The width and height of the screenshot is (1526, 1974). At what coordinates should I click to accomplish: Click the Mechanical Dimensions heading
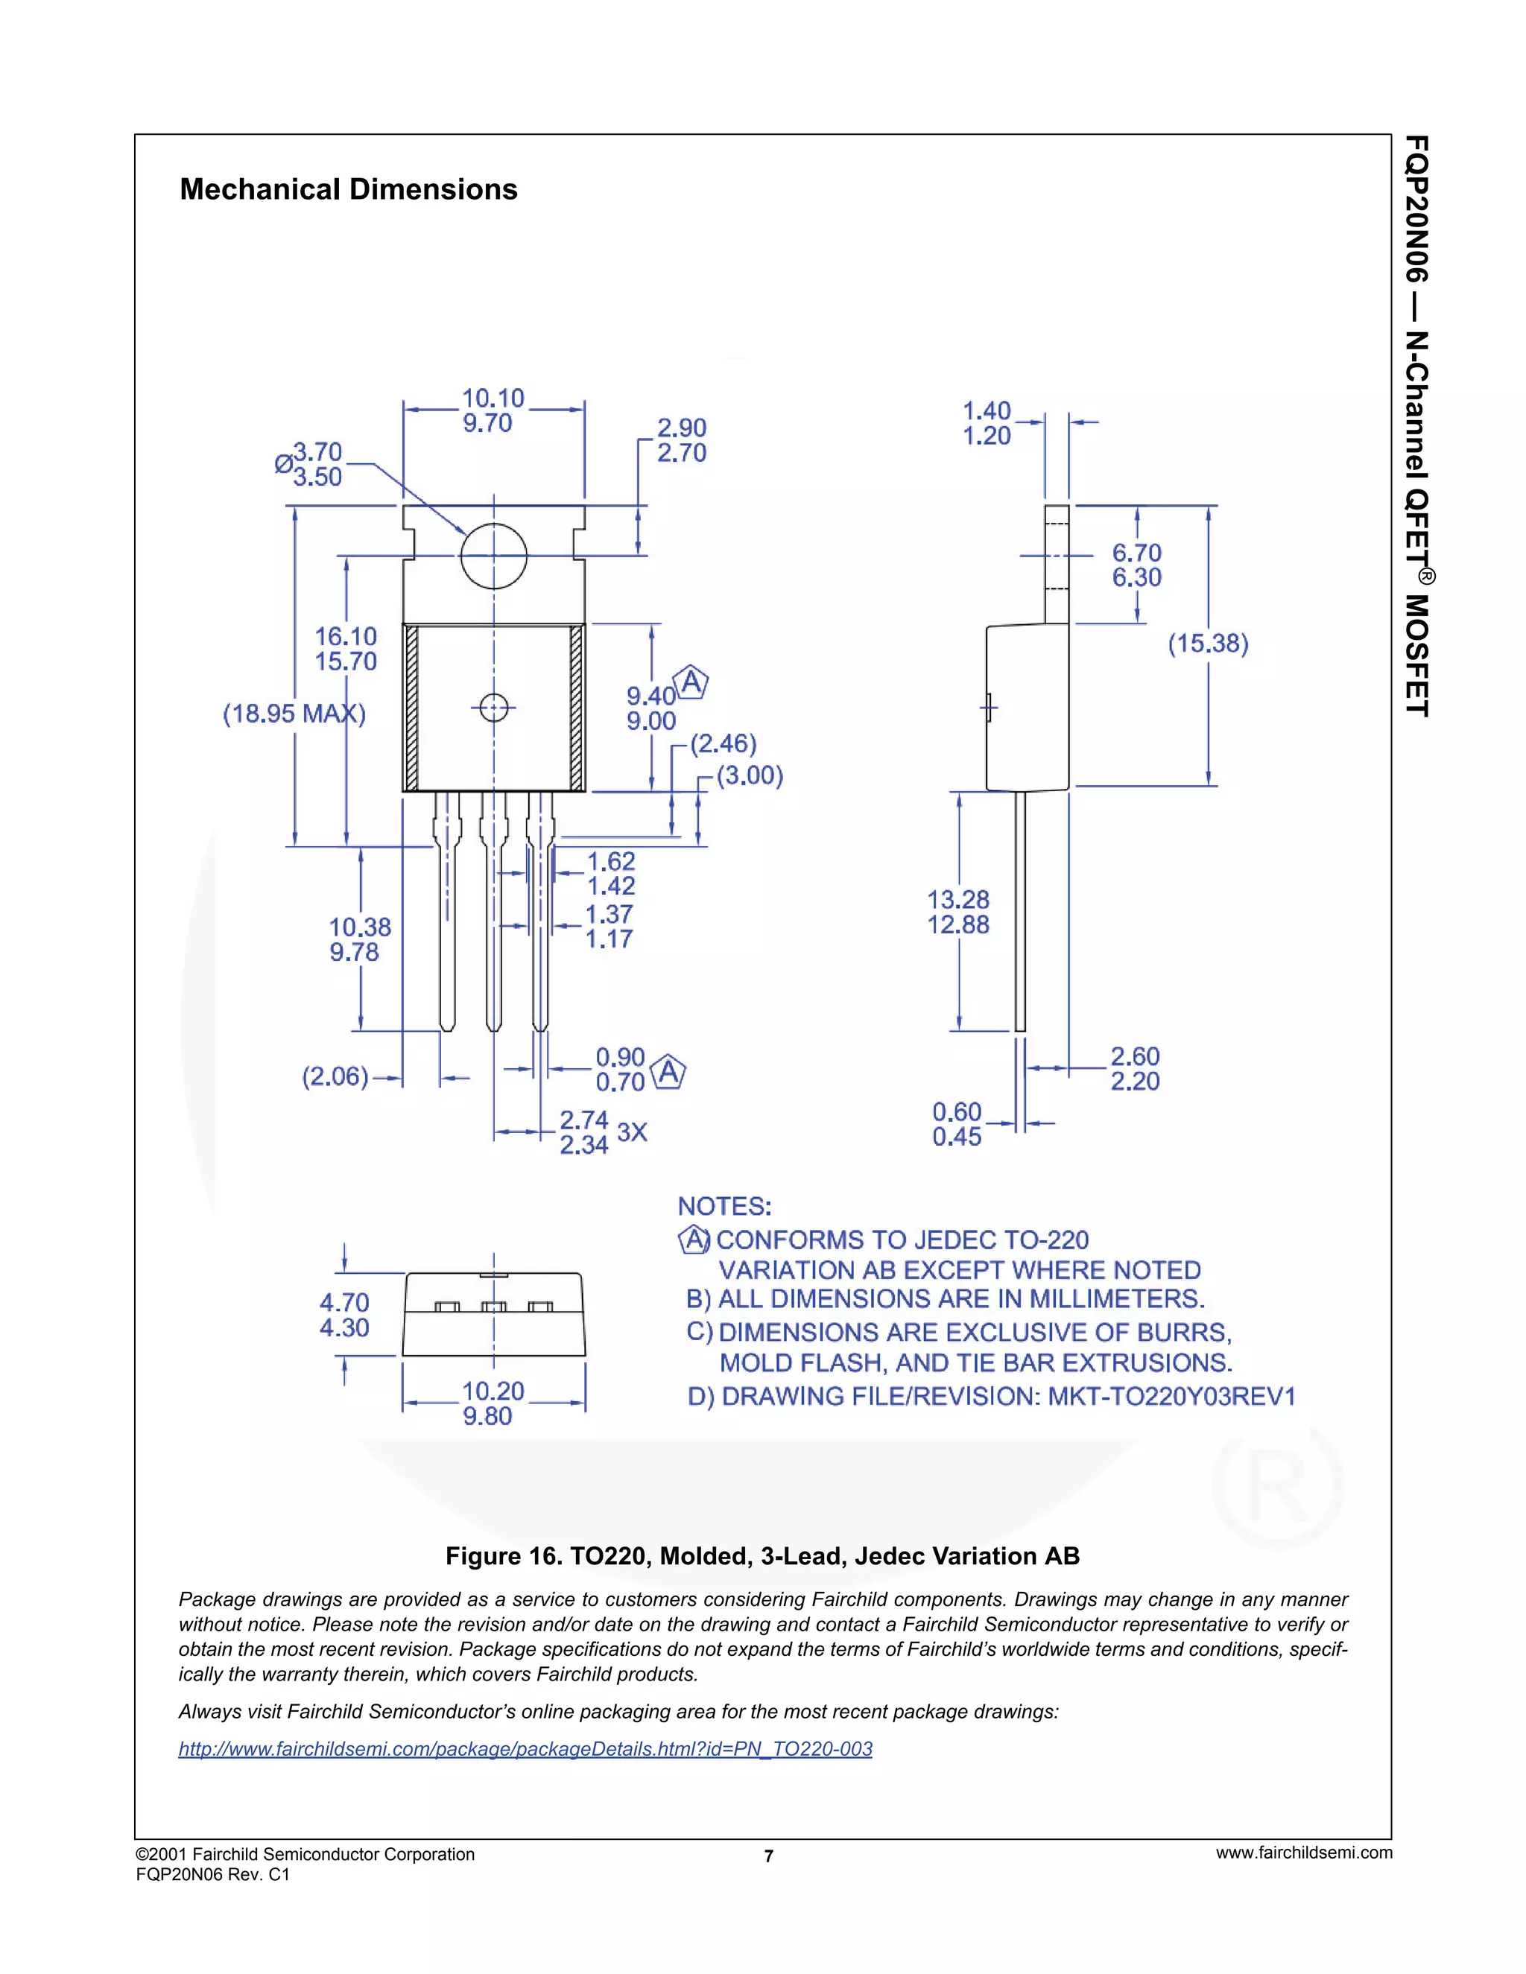pos(348,189)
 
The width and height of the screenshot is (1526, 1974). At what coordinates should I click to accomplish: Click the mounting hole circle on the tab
pos(493,556)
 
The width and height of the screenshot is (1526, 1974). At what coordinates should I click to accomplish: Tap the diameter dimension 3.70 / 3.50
pos(317,463)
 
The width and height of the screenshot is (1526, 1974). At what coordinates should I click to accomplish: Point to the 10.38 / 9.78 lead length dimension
pos(360,939)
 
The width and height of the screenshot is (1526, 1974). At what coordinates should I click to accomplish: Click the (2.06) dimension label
pos(335,1076)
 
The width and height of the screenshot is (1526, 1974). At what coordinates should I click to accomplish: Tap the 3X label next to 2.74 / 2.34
pos(632,1132)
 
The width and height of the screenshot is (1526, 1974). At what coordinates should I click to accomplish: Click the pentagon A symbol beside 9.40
pos(691,682)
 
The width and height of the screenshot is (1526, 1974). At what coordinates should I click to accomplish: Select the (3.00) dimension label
pos(750,775)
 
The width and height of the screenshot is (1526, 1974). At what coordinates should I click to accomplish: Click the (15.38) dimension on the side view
pos(1208,644)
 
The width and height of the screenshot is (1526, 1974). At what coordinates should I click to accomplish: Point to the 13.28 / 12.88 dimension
pos(958,912)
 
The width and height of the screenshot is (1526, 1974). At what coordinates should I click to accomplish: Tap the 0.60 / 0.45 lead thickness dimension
pos(957,1123)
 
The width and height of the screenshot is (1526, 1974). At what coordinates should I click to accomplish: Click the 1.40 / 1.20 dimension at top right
pos(987,423)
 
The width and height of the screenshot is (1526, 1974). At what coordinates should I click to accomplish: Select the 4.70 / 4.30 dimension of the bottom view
pos(344,1315)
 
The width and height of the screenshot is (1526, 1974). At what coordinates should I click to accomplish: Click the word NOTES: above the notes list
pos(724,1207)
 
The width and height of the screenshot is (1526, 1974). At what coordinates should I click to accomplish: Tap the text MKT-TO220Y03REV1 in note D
pos(1171,1397)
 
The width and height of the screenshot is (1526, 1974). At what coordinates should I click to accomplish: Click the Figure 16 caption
pos(762,1555)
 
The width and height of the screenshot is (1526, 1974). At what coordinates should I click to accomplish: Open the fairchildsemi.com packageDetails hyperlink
pos(525,1748)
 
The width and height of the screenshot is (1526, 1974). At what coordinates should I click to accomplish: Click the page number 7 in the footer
pos(768,1856)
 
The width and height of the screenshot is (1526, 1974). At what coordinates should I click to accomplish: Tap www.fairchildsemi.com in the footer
pos(1304,1852)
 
